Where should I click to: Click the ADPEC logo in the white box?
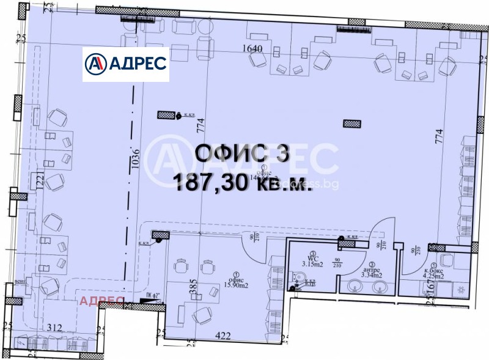click(x=125, y=63)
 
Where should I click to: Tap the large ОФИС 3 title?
click(x=241, y=153)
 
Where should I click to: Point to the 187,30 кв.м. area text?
click(x=243, y=182)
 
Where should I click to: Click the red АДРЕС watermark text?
click(x=101, y=300)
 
